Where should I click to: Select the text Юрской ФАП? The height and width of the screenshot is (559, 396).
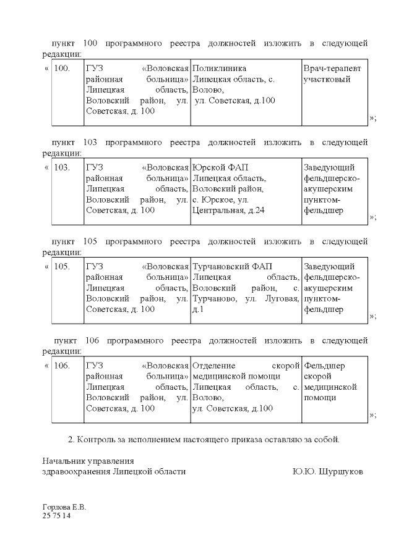click(x=222, y=167)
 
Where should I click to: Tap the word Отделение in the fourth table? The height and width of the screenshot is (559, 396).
click(x=218, y=366)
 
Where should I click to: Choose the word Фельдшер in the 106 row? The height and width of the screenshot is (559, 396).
click(x=325, y=366)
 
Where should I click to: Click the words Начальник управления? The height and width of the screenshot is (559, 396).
click(x=88, y=461)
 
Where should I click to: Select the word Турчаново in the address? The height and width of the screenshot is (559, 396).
click(x=213, y=299)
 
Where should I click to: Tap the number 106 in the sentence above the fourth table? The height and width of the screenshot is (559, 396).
click(x=90, y=340)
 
